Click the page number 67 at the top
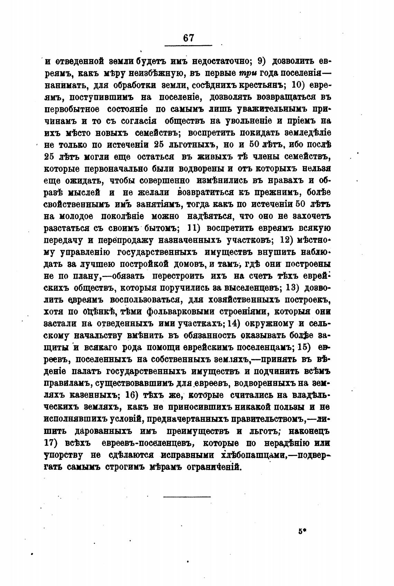pos(188,38)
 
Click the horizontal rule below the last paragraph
pos(187,497)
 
